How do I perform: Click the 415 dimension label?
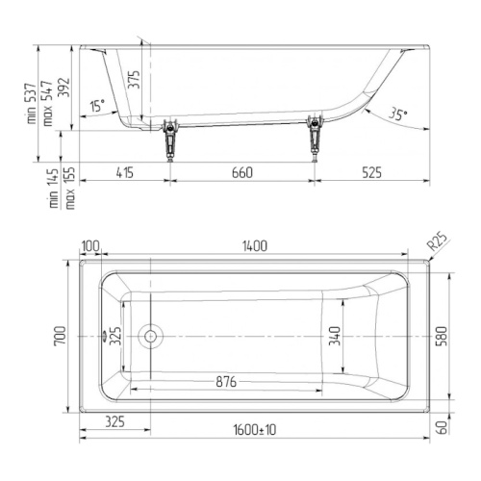click(125, 173)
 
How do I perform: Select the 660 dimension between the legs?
click(242, 173)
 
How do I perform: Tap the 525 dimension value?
click(372, 173)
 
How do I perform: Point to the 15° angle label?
click(97, 105)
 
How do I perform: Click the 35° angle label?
click(397, 114)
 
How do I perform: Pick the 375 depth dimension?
click(135, 79)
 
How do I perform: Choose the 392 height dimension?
click(63, 88)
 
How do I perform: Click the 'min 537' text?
click(32, 104)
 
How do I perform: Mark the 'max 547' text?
click(47, 103)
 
